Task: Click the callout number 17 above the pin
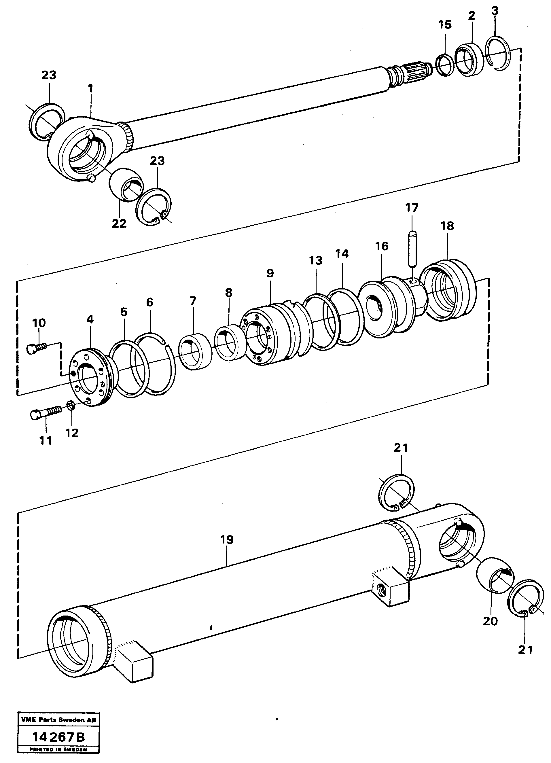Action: [411, 208]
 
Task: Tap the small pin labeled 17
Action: [413, 248]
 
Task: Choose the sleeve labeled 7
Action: [195, 352]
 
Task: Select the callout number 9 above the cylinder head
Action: [270, 273]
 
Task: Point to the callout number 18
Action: [447, 226]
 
